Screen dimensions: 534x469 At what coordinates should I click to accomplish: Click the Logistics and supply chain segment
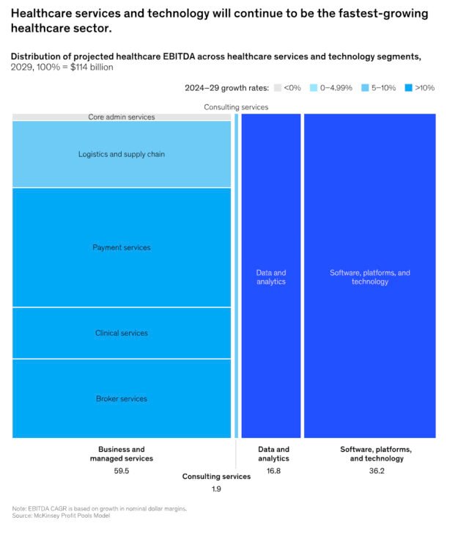[x=122, y=154]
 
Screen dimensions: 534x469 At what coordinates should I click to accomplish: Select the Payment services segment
[x=122, y=247]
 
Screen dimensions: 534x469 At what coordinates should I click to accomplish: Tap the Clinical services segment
[x=122, y=333]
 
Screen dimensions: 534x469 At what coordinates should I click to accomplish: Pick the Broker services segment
[x=122, y=398]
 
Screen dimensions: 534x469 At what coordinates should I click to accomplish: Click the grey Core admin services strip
[x=122, y=117]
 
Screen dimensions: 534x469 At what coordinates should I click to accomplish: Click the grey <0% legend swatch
[x=278, y=88]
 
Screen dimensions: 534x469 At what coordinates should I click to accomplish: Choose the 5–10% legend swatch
[x=364, y=88]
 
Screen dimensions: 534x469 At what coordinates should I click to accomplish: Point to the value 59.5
[x=122, y=471]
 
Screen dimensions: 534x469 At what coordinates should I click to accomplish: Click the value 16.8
[x=273, y=471]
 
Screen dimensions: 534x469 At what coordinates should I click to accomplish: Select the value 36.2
[x=376, y=471]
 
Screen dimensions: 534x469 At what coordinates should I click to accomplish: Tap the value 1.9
[x=216, y=489]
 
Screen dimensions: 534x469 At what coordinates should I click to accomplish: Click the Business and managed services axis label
[x=122, y=453]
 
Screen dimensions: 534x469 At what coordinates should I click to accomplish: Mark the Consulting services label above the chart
[x=236, y=107]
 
